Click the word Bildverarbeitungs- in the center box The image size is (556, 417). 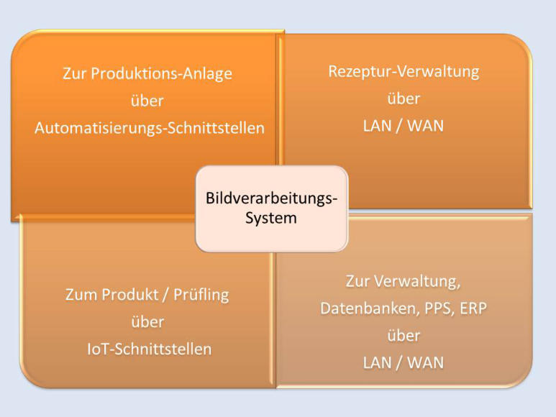(271, 198)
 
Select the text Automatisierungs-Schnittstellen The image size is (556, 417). (150, 128)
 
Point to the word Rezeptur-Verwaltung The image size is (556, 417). (404, 71)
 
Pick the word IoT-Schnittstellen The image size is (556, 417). (147, 349)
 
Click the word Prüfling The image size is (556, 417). (201, 295)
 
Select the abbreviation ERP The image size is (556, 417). (472, 308)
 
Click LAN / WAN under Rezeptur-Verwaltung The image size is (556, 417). (404, 125)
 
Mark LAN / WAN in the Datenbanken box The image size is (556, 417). (404, 362)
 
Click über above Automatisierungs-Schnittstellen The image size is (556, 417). (147, 101)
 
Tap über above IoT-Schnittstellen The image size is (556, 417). (147, 322)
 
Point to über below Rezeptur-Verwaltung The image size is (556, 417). (404, 98)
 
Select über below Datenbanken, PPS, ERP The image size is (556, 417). (404, 336)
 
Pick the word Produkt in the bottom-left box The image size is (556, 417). (128, 295)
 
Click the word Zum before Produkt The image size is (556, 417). (81, 295)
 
